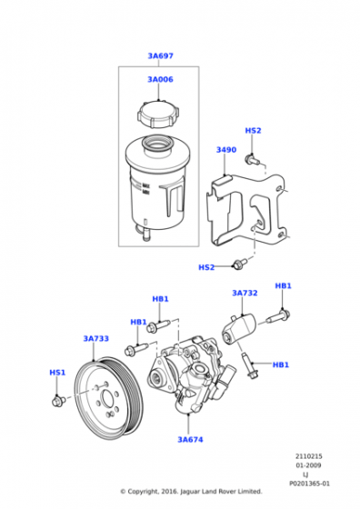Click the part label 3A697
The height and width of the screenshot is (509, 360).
coord(160,55)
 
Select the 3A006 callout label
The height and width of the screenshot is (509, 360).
coord(160,80)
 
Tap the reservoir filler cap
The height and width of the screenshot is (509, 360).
coord(158,115)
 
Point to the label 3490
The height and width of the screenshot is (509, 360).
coord(226,150)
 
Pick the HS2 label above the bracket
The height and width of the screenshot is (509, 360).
coord(253,131)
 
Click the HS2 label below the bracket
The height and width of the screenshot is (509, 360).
coord(206,267)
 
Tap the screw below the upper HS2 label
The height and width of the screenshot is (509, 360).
coord(252,160)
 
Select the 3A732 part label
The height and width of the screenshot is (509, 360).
coord(245,293)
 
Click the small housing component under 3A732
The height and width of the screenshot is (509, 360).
coord(239,329)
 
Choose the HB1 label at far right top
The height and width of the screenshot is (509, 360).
coord(283,286)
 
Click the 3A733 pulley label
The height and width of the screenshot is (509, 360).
coord(96,338)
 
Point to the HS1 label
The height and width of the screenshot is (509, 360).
coord(57,373)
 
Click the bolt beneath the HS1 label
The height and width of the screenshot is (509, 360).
coord(58,401)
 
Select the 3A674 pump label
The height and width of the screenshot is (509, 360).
coord(190,440)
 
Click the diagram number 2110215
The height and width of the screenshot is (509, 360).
coord(309,456)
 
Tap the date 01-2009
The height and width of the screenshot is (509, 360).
coord(308,465)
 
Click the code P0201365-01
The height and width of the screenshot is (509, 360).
coord(309,484)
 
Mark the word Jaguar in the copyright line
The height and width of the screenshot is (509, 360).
coord(190,492)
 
